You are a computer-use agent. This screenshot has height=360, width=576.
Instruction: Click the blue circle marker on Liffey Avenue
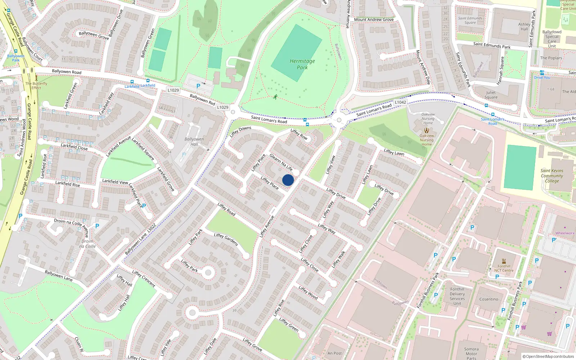pos(288,180)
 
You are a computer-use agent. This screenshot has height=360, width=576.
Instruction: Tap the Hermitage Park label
pos(302,64)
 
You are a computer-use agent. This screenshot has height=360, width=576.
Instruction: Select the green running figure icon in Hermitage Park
pos(275,97)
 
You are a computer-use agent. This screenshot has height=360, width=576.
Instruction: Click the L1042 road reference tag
pos(400,102)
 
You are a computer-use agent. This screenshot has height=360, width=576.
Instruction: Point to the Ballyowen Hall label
pos(194,141)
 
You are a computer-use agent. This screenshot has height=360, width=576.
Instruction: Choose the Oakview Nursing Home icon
pos(427,130)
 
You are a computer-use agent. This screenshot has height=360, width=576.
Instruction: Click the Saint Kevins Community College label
pos(552,176)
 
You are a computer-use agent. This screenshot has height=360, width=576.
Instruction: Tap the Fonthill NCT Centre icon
pos(504,261)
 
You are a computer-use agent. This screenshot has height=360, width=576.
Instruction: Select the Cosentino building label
pos(489,299)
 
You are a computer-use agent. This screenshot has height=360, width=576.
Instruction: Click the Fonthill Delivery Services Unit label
pos(457,296)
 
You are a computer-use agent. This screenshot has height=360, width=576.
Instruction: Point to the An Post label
pos(335,353)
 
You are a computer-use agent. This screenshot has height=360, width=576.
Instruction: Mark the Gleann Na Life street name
pos(281,162)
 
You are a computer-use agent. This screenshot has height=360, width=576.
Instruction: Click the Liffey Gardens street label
pos(226,240)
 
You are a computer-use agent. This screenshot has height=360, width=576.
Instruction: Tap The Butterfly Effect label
pos(36,86)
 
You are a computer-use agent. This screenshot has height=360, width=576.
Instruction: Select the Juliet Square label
pos(491,95)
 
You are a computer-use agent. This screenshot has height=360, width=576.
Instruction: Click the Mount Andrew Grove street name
pos(374,19)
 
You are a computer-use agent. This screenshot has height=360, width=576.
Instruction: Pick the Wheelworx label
pos(564,233)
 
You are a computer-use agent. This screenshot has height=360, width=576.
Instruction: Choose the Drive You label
pos(542,77)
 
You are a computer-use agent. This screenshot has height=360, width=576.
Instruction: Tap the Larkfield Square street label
pos(143,149)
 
